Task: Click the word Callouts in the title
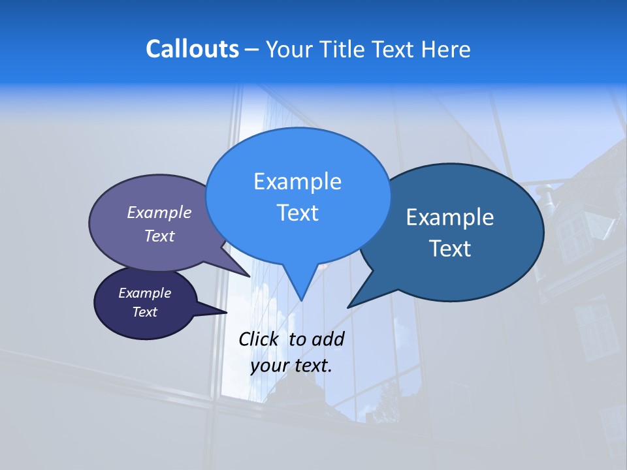(x=192, y=49)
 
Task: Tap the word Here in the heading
(x=445, y=49)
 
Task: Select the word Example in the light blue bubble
(x=297, y=181)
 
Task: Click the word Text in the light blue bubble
(x=297, y=213)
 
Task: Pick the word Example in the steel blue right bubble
(x=450, y=217)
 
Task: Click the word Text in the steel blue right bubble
(x=450, y=249)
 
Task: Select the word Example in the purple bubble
(x=159, y=212)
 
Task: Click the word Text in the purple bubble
(x=159, y=236)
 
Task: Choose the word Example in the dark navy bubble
(x=144, y=293)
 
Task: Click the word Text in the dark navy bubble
(x=144, y=312)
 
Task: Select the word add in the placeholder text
(x=328, y=339)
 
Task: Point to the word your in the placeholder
(x=268, y=366)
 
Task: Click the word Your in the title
(x=286, y=49)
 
